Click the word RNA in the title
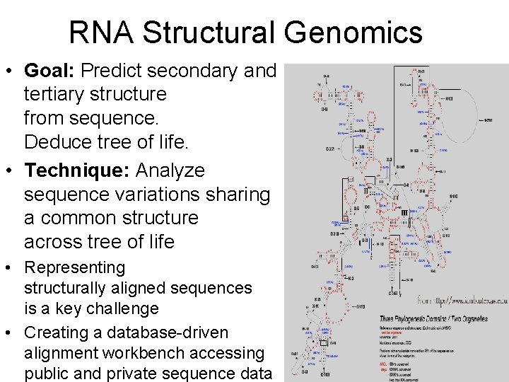coord(100,33)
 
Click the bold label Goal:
coord(50,71)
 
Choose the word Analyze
coord(170,170)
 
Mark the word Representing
coord(74,267)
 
